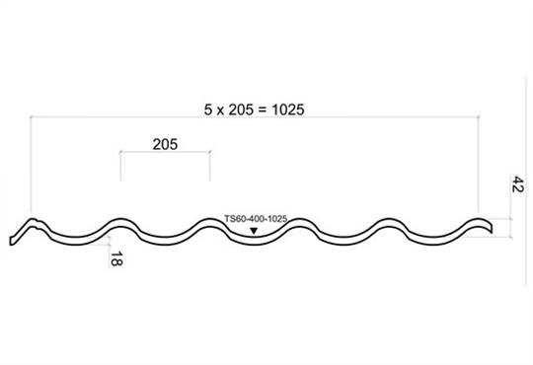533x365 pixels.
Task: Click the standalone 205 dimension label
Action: pos(165,144)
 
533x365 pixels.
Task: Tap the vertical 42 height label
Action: pos(517,183)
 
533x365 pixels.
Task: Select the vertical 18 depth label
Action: pos(116,258)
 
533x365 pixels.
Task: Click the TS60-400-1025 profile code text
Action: pos(256,219)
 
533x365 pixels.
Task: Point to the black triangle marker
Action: pos(254,231)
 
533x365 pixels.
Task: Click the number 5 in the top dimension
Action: pos(207,109)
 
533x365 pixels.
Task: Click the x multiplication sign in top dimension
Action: pos(220,111)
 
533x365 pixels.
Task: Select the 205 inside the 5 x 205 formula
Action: pos(241,109)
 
